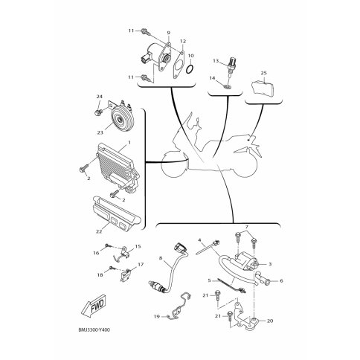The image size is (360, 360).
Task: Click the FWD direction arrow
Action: point(94,305)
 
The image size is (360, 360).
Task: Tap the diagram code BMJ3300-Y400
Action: point(94,330)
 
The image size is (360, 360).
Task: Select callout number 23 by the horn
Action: point(100,132)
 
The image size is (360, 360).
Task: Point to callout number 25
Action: point(264,73)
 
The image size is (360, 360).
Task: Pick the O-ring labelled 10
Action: point(190,69)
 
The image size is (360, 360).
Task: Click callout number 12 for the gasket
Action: point(183,41)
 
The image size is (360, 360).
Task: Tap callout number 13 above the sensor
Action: point(216,61)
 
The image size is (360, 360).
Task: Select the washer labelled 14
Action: point(227,86)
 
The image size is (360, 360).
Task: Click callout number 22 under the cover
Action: point(99,232)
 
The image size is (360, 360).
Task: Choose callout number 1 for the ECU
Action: point(129,143)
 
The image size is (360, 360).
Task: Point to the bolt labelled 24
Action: point(98,113)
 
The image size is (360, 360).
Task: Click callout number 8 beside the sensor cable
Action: point(161,258)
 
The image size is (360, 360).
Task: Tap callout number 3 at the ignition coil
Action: point(270,264)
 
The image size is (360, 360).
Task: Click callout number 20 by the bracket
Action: point(270,321)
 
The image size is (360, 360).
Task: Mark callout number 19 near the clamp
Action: point(157,316)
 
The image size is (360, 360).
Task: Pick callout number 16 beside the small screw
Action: point(96,253)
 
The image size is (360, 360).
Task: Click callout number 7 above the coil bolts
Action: point(247,227)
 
